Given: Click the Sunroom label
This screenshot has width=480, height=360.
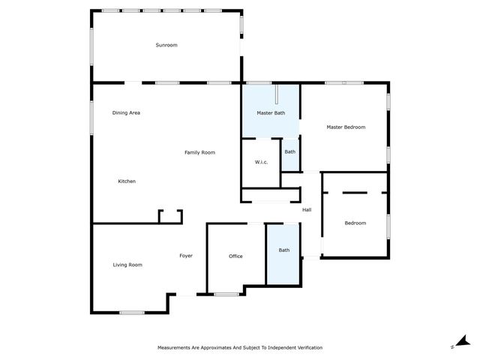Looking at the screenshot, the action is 166,45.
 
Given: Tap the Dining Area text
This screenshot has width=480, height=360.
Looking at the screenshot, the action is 126,112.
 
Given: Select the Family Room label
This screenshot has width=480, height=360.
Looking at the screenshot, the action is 199,152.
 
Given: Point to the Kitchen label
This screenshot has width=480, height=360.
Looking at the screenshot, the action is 127,181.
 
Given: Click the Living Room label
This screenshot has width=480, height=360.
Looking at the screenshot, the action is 127,265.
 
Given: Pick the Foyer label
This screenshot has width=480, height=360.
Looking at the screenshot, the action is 186,256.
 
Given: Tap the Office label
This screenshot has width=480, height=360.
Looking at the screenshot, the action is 235,256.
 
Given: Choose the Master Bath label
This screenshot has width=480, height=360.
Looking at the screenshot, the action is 271,113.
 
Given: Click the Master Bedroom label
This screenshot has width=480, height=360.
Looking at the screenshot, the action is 346,127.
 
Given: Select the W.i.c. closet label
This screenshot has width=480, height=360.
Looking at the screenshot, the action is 261,162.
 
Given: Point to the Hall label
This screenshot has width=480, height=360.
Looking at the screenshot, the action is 307,210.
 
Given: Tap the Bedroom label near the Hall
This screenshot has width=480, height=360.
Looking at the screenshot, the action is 355,223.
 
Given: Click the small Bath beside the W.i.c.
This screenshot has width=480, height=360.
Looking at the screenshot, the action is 290,151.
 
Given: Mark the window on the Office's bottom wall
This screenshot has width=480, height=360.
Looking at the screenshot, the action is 226,295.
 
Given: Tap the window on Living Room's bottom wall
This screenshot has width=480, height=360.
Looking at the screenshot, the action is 132,313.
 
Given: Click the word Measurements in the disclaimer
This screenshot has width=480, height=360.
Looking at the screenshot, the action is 174,348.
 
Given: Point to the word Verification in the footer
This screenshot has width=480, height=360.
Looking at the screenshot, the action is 308,348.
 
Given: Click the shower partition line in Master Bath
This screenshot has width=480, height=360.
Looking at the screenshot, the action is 277,94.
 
